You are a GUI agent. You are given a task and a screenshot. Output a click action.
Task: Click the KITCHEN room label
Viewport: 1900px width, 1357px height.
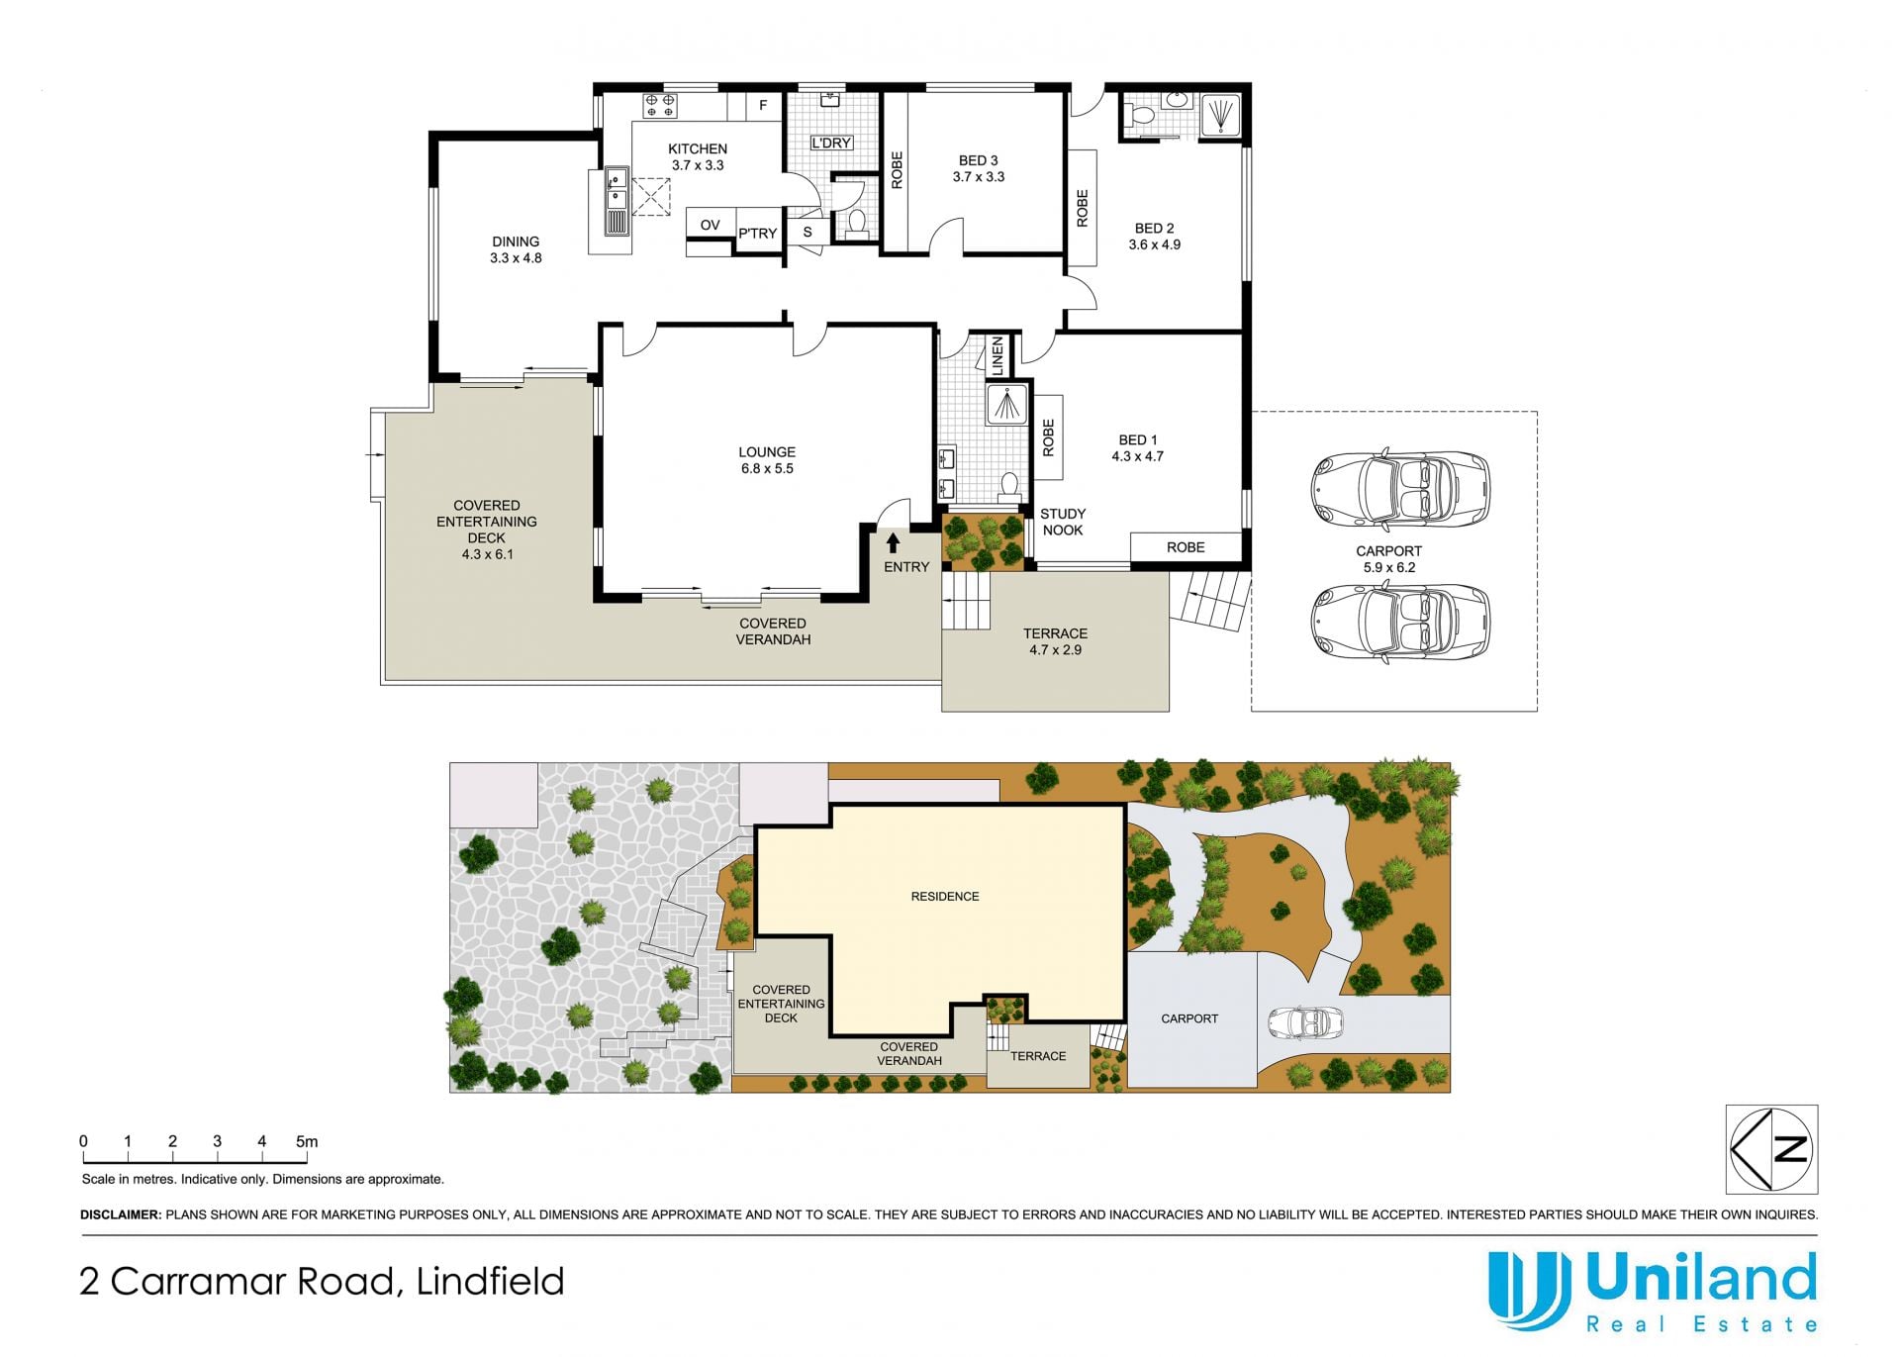[698, 149]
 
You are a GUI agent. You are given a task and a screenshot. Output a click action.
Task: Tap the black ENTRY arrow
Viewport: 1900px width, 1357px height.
[893, 542]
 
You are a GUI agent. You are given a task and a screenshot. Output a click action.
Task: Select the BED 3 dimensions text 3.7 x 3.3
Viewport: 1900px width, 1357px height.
[979, 177]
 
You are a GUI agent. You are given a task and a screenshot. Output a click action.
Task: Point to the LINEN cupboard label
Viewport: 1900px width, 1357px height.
[997, 355]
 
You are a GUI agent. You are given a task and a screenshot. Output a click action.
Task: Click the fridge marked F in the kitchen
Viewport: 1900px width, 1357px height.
[763, 106]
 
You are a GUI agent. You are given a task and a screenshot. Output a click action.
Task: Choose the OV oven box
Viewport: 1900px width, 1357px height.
[710, 225]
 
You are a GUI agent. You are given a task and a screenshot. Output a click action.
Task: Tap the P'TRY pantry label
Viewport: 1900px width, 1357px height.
[758, 234]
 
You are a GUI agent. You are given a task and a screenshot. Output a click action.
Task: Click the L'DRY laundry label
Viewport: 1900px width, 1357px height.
[831, 143]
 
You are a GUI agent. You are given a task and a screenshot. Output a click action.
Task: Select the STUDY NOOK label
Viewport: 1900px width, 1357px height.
[1063, 522]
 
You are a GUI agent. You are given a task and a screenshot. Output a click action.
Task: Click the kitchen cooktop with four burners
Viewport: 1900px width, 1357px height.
[659, 106]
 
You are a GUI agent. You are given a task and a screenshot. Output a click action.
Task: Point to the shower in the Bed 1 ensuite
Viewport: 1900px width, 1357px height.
[1007, 405]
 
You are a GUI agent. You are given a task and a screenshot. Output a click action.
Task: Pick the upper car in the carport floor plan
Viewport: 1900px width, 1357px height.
[1400, 490]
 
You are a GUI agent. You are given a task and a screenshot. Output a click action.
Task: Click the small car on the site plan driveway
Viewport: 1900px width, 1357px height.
[1306, 1022]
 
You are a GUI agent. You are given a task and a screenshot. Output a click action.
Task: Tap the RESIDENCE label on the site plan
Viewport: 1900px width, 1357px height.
[945, 897]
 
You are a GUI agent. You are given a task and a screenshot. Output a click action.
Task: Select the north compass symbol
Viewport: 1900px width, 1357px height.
[1771, 1149]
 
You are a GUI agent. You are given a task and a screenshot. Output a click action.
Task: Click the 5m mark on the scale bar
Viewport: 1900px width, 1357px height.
[307, 1141]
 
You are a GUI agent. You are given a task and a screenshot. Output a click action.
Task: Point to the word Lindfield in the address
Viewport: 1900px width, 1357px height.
[490, 1282]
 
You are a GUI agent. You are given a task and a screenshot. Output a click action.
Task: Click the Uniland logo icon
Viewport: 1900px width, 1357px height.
[1530, 1289]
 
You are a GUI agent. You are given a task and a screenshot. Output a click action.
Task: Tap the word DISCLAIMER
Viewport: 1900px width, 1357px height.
[120, 1214]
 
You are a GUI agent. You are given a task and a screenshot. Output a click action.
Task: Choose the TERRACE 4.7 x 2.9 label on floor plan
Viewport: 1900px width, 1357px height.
[1055, 641]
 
